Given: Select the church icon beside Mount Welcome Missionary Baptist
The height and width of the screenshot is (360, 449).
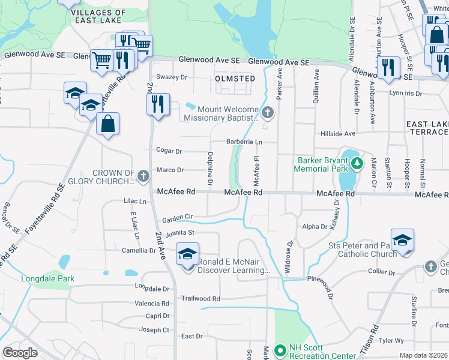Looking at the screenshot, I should [268, 112].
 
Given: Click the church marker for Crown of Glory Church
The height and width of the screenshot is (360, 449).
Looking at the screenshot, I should [143, 176].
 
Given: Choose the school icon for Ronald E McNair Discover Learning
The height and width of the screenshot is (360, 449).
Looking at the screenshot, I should [187, 254].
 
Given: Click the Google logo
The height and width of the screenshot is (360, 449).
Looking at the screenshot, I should [20, 353].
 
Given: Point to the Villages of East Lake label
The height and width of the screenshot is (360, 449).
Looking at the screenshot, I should [98, 16].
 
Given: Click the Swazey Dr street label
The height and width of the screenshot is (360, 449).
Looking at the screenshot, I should [172, 77].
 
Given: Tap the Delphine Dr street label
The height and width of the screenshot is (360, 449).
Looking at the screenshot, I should [211, 168].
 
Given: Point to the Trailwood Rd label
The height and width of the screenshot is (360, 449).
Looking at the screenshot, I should [200, 298].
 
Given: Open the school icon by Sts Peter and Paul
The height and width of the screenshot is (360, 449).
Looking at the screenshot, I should [402, 241].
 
